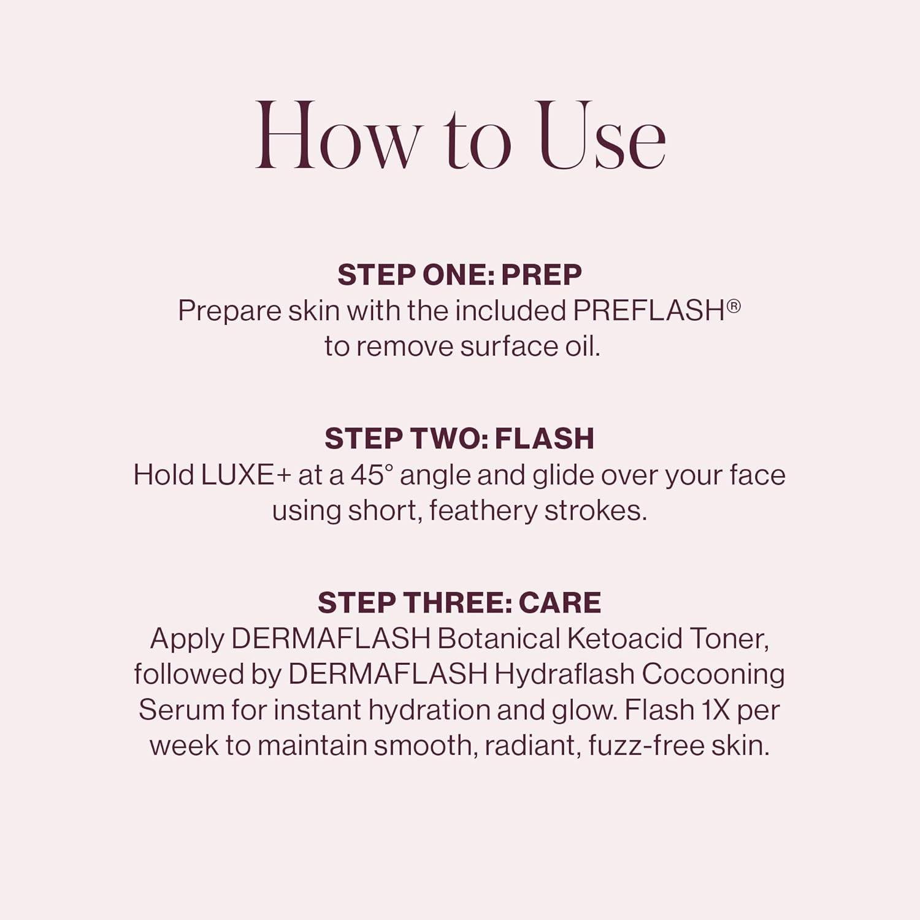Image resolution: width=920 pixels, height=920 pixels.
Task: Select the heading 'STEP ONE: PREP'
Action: pos(459,275)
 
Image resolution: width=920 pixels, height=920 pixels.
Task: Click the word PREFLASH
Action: pos(649,311)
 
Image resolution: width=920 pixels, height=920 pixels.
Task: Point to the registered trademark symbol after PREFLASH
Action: pos(734,305)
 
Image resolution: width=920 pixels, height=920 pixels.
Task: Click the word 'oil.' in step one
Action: pos(582,347)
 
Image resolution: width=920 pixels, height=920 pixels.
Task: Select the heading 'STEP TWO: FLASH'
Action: pos(459,439)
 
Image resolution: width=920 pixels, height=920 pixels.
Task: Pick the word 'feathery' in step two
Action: pos(483,511)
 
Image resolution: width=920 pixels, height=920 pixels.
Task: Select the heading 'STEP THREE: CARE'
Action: pos(459,603)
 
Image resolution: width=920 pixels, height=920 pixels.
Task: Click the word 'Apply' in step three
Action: pos(187,639)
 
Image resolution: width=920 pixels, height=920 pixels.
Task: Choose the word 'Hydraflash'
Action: pos(564,674)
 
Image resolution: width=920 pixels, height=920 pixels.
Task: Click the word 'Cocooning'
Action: pos(713,674)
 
